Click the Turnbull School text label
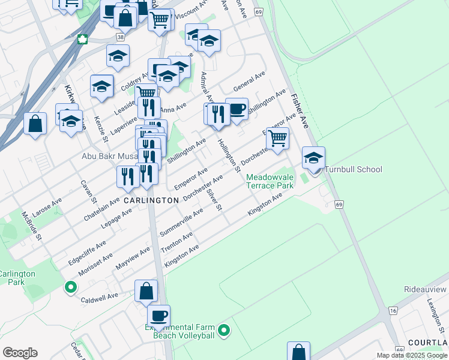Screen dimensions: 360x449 point(353,169)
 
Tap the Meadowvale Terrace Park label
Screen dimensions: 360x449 point(270,182)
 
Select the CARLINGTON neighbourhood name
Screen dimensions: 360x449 point(151,200)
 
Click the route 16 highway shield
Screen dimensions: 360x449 point(393,310)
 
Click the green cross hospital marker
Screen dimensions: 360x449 point(82,40)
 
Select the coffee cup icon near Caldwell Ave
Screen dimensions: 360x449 point(158,316)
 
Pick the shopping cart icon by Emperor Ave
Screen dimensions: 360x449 point(277,138)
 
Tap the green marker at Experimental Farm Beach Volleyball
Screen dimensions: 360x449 point(224,330)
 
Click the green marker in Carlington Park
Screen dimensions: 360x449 point(71,287)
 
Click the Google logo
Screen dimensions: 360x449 point(20,353)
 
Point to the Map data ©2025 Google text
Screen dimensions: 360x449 point(411,355)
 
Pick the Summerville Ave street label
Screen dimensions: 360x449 point(181,222)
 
